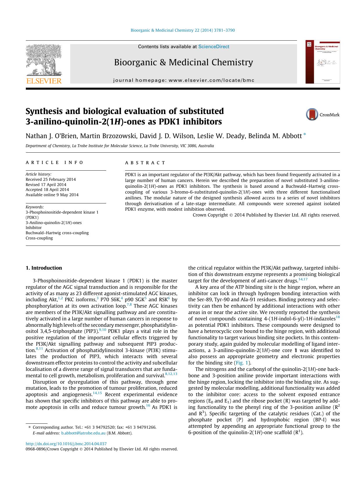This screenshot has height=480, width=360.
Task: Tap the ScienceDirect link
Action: (x=214, y=46)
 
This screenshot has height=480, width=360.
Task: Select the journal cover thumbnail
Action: (x=322, y=62)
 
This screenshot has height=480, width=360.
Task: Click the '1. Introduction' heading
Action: (x=44, y=268)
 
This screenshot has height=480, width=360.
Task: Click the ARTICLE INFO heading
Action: (x=55, y=163)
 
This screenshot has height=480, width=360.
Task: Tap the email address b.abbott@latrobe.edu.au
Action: (x=83, y=433)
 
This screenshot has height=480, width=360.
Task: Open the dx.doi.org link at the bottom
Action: (x=66, y=444)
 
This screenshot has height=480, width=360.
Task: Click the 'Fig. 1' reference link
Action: (x=242, y=363)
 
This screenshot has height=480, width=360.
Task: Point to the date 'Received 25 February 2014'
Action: (x=50, y=179)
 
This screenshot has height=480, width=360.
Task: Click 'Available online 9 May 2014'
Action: (x=52, y=195)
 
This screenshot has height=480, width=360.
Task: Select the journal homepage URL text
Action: (x=184, y=80)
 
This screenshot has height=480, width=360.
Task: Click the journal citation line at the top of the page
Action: (x=183, y=30)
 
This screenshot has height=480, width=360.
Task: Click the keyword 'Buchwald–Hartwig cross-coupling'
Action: (x=57, y=233)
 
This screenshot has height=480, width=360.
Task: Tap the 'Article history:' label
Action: (x=38, y=174)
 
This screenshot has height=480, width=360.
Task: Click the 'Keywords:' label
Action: (x=35, y=207)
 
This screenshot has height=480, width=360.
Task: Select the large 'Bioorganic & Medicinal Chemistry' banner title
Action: (x=183, y=62)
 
